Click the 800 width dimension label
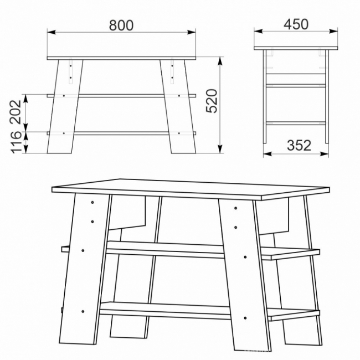[x=121, y=25]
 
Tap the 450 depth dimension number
[x=296, y=24]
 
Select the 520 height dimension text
[x=212, y=101]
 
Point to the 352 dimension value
[x=299, y=145]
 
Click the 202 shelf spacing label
[x=16, y=112]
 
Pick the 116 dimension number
[x=16, y=142]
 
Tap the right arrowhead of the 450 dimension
[x=333, y=31]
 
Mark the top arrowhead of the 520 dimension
[x=220, y=61]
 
